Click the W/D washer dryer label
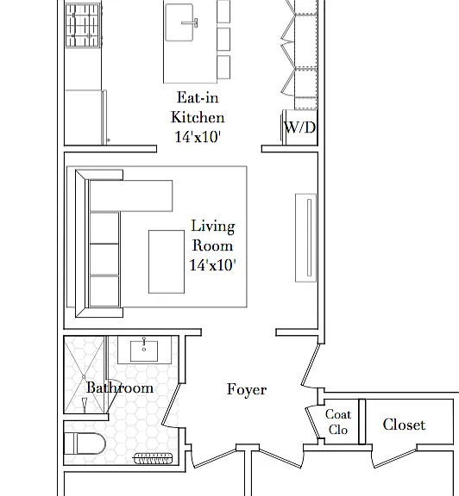click(x=300, y=127)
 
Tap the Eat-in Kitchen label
click(x=198, y=108)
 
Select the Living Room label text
click(x=213, y=236)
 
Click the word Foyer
click(x=247, y=389)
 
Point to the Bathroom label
click(x=120, y=387)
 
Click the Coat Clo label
click(x=338, y=422)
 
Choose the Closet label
click(x=404, y=425)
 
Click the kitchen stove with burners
click(x=84, y=25)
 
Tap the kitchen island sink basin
click(x=179, y=22)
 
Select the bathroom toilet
click(x=85, y=443)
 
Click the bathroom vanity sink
click(x=144, y=350)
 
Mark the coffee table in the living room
click(x=167, y=262)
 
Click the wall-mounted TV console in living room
click(x=306, y=238)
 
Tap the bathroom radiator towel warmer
click(x=153, y=458)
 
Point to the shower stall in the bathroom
click(x=84, y=375)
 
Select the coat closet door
click(x=313, y=423)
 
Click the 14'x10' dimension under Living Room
click(x=213, y=264)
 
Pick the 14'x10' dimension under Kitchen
click(x=198, y=137)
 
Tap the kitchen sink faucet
click(x=190, y=22)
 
